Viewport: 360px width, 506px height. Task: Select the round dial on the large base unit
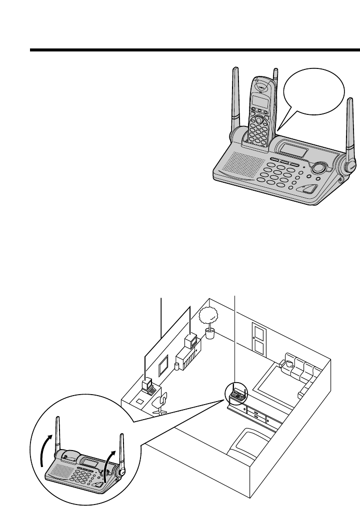point(318,168)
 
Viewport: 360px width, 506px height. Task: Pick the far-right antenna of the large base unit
point(349,130)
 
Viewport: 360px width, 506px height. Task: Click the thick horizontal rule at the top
point(195,50)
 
